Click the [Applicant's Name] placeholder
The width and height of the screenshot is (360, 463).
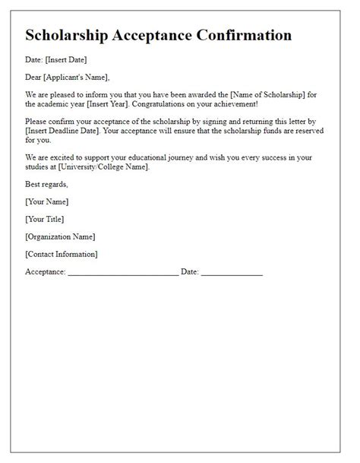(76, 76)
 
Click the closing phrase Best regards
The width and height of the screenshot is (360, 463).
(46, 184)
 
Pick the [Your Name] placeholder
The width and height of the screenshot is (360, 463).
(46, 201)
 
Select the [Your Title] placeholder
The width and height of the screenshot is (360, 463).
(45, 219)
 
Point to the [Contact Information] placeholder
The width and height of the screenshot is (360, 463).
(62, 254)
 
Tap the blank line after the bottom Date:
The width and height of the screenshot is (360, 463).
(232, 271)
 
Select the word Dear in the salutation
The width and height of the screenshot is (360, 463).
(33, 76)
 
